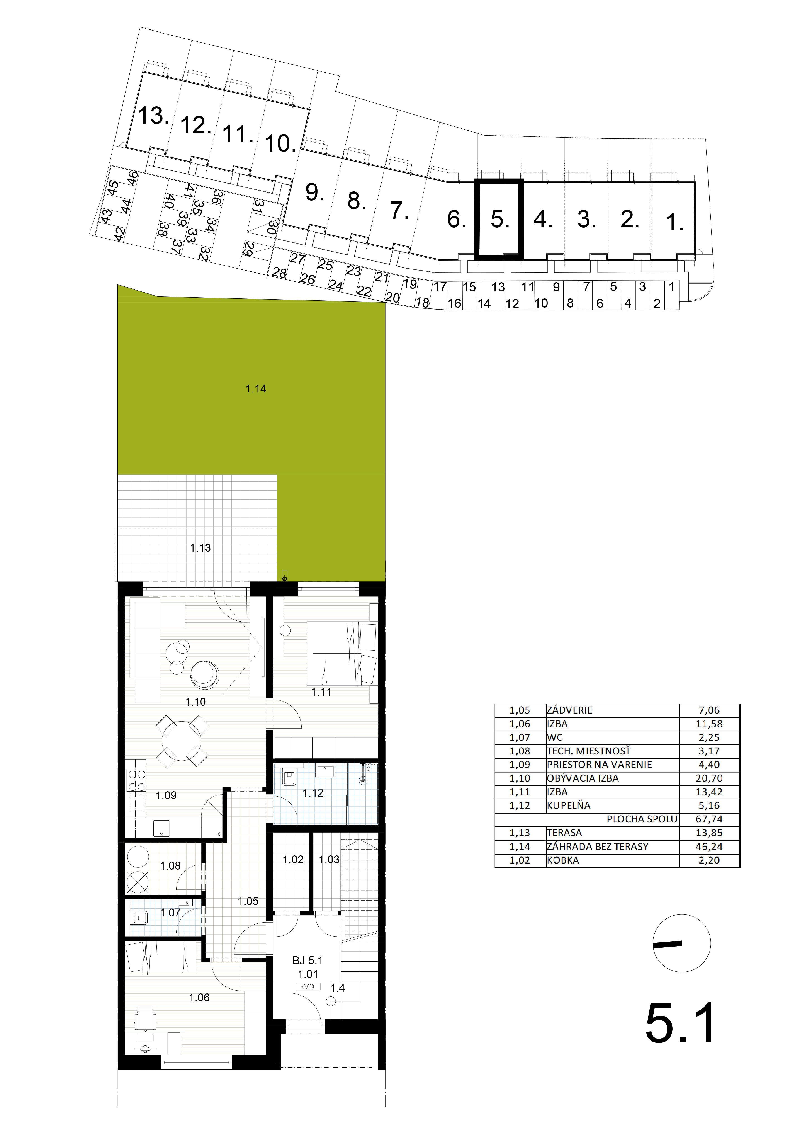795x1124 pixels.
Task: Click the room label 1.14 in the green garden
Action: (256, 389)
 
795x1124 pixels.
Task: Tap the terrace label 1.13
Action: (200, 548)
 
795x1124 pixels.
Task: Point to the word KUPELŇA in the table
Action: (569, 805)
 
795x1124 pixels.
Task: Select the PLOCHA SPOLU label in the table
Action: (642, 819)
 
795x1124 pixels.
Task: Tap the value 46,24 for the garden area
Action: (709, 846)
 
